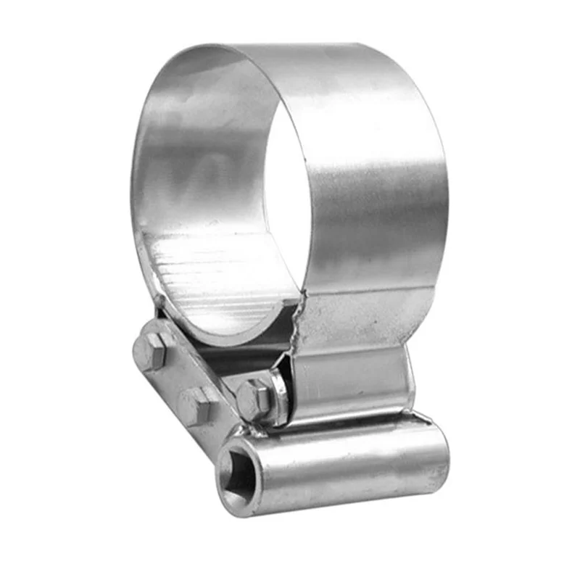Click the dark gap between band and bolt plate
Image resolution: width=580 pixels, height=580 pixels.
click(217, 355)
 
